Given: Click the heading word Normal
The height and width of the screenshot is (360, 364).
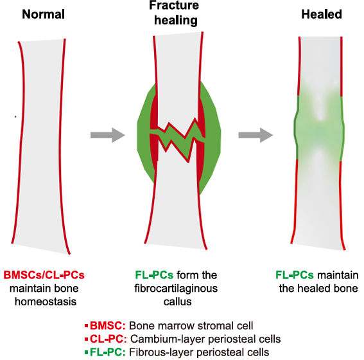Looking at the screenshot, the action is pos(44,14).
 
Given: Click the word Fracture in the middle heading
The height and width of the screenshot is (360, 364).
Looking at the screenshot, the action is pos(174,5).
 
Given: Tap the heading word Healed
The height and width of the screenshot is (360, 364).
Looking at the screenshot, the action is pos(322,14).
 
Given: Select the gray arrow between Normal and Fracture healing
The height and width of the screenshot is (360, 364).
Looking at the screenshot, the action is pos(108,135).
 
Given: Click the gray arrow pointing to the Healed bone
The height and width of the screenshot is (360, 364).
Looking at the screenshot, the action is pos(256,135).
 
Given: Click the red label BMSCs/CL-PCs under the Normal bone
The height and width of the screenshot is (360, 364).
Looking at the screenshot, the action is pos(44,275).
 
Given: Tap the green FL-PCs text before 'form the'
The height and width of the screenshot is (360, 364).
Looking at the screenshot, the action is pos(154,275).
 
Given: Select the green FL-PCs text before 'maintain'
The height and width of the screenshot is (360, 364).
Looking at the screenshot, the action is pos(295,275).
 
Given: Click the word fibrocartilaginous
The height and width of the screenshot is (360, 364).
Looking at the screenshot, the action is pos(176,289).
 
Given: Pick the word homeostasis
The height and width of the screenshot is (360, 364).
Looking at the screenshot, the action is pos(46,301).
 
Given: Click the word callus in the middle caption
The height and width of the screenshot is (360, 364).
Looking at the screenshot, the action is pos(178,301).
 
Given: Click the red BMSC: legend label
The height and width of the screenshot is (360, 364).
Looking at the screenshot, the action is pos(108,325).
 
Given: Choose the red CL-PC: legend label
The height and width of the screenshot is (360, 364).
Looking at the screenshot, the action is pos(108,339).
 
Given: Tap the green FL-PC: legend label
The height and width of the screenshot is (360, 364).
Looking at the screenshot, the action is pos(108,352).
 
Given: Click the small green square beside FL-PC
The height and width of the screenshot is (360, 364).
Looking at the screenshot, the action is pos(87,352).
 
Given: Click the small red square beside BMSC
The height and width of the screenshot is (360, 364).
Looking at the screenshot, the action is pos(87,325).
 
